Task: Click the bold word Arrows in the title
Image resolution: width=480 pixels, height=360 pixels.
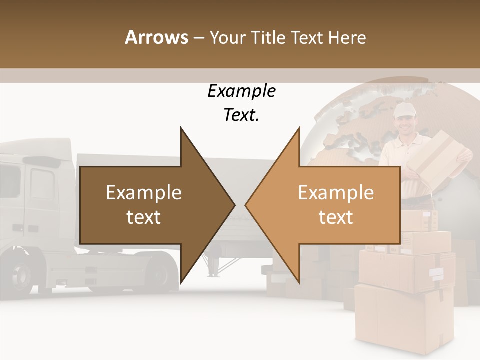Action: [x=156, y=37]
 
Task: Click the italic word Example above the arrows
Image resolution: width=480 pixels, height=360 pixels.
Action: [x=241, y=91]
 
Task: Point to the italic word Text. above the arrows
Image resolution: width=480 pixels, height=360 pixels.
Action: [x=241, y=115]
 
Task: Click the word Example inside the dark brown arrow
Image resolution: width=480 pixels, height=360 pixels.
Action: [x=144, y=193]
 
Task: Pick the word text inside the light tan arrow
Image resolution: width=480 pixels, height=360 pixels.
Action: [x=336, y=217]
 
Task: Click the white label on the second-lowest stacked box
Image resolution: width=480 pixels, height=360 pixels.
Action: [x=436, y=273]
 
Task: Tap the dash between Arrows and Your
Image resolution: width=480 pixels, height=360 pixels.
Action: [x=198, y=38]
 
